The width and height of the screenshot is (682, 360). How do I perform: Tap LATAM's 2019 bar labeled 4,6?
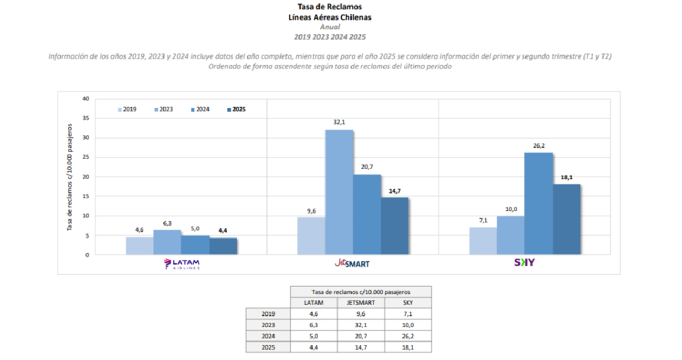click(x=139, y=246)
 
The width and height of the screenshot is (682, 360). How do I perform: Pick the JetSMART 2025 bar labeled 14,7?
click(x=394, y=226)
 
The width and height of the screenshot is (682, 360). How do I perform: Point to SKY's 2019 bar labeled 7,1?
click(x=483, y=241)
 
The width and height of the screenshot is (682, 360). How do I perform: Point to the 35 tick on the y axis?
click(x=86, y=118)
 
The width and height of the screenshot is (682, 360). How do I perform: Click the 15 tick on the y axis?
click(x=86, y=196)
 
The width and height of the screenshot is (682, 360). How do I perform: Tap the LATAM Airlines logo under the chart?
click(x=182, y=263)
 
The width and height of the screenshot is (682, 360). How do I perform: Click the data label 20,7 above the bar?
click(x=367, y=167)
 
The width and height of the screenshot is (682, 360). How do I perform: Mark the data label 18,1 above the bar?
click(x=566, y=177)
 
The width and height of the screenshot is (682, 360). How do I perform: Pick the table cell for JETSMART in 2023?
click(x=361, y=325)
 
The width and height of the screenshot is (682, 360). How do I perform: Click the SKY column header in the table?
click(x=407, y=303)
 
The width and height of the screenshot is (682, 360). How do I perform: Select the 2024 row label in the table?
click(x=268, y=336)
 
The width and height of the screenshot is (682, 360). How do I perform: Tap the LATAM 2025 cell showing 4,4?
click(x=314, y=347)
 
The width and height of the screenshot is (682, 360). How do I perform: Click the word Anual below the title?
click(x=330, y=27)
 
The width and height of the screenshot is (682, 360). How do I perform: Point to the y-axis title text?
click(x=70, y=176)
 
